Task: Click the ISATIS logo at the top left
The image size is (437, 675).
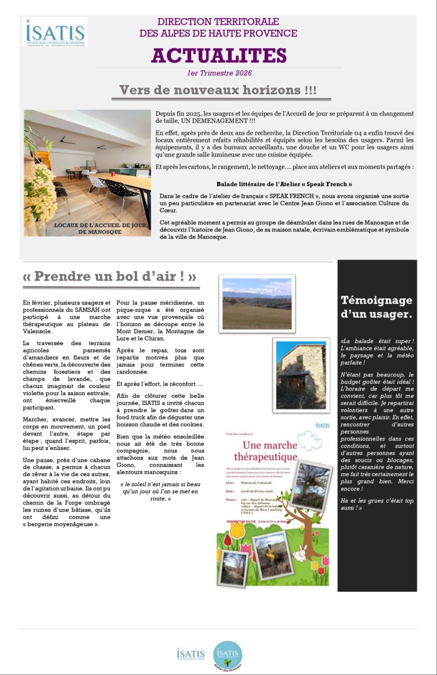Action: click(x=56, y=32)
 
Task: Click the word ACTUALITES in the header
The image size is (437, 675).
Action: click(x=219, y=55)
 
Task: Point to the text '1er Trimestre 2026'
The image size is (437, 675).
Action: click(x=219, y=73)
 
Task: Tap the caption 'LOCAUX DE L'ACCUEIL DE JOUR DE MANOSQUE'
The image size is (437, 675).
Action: click(x=100, y=229)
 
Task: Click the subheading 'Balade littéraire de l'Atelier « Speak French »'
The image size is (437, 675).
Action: click(x=284, y=184)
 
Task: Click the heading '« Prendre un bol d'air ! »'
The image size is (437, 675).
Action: click(x=109, y=276)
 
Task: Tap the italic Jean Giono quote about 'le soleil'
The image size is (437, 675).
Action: click(x=160, y=491)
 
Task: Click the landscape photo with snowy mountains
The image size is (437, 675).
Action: click(x=257, y=304)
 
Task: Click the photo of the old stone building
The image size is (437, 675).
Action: click(x=301, y=375)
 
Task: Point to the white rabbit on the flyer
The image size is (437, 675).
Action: click(x=302, y=553)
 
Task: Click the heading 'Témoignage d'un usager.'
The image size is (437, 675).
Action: click(x=377, y=307)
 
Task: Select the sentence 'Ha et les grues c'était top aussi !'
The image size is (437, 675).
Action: click(x=377, y=504)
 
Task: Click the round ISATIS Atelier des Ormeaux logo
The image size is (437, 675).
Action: click(x=228, y=655)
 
